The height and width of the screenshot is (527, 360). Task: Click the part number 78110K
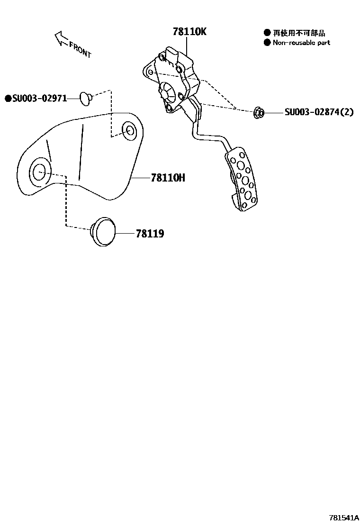click(189, 32)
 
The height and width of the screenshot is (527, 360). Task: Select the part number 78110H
click(168, 178)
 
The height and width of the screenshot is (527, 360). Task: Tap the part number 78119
click(150, 234)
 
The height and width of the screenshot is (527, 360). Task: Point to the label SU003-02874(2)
click(319, 112)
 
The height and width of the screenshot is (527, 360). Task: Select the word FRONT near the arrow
click(80, 49)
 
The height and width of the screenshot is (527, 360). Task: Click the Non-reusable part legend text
click(301, 43)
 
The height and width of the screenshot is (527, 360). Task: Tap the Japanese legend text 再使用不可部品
click(299, 33)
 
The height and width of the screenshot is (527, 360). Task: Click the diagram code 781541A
click(344, 518)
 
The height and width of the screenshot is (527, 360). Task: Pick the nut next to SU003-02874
click(259, 112)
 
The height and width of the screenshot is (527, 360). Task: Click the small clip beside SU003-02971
click(86, 98)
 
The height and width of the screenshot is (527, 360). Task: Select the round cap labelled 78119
click(104, 232)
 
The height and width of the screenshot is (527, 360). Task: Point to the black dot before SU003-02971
click(8, 99)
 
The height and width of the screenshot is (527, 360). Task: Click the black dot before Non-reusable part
click(267, 43)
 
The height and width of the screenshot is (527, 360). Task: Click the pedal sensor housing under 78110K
click(173, 81)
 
